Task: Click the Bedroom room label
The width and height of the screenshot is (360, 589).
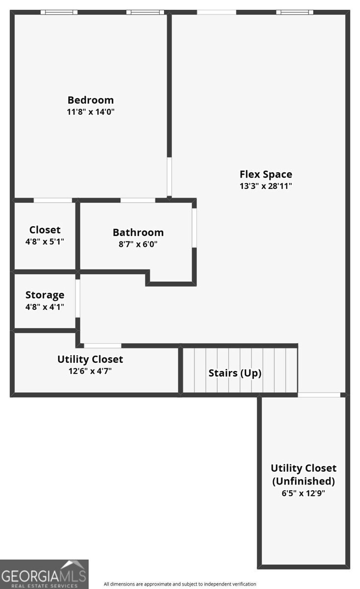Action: tap(91, 100)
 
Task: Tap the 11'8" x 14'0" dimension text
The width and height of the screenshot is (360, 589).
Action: tap(91, 112)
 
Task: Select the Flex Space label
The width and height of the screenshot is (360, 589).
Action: tap(266, 174)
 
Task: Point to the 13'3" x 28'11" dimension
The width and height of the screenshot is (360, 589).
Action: tap(266, 186)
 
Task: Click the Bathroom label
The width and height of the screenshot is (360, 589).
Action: tap(138, 233)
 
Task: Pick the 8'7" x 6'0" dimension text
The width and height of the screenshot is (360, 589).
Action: tap(138, 244)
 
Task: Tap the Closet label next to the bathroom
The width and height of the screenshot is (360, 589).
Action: tap(45, 230)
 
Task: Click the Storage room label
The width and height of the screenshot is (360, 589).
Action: tap(45, 295)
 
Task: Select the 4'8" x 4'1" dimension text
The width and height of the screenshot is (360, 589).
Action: tap(45, 307)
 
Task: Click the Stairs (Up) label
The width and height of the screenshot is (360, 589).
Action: tap(235, 373)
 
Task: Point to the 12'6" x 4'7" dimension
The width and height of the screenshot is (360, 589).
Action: tap(90, 371)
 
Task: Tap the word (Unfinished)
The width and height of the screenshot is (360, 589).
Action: tap(304, 481)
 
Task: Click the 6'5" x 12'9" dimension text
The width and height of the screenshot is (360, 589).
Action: tap(303, 493)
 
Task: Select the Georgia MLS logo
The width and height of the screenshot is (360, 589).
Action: tap(44, 574)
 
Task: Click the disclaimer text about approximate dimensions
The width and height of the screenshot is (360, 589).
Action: tap(180, 584)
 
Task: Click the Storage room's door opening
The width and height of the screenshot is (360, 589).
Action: tap(78, 298)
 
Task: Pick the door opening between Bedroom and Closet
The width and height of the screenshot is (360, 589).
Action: tap(53, 200)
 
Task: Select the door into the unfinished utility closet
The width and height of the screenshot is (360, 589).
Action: tap(319, 395)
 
